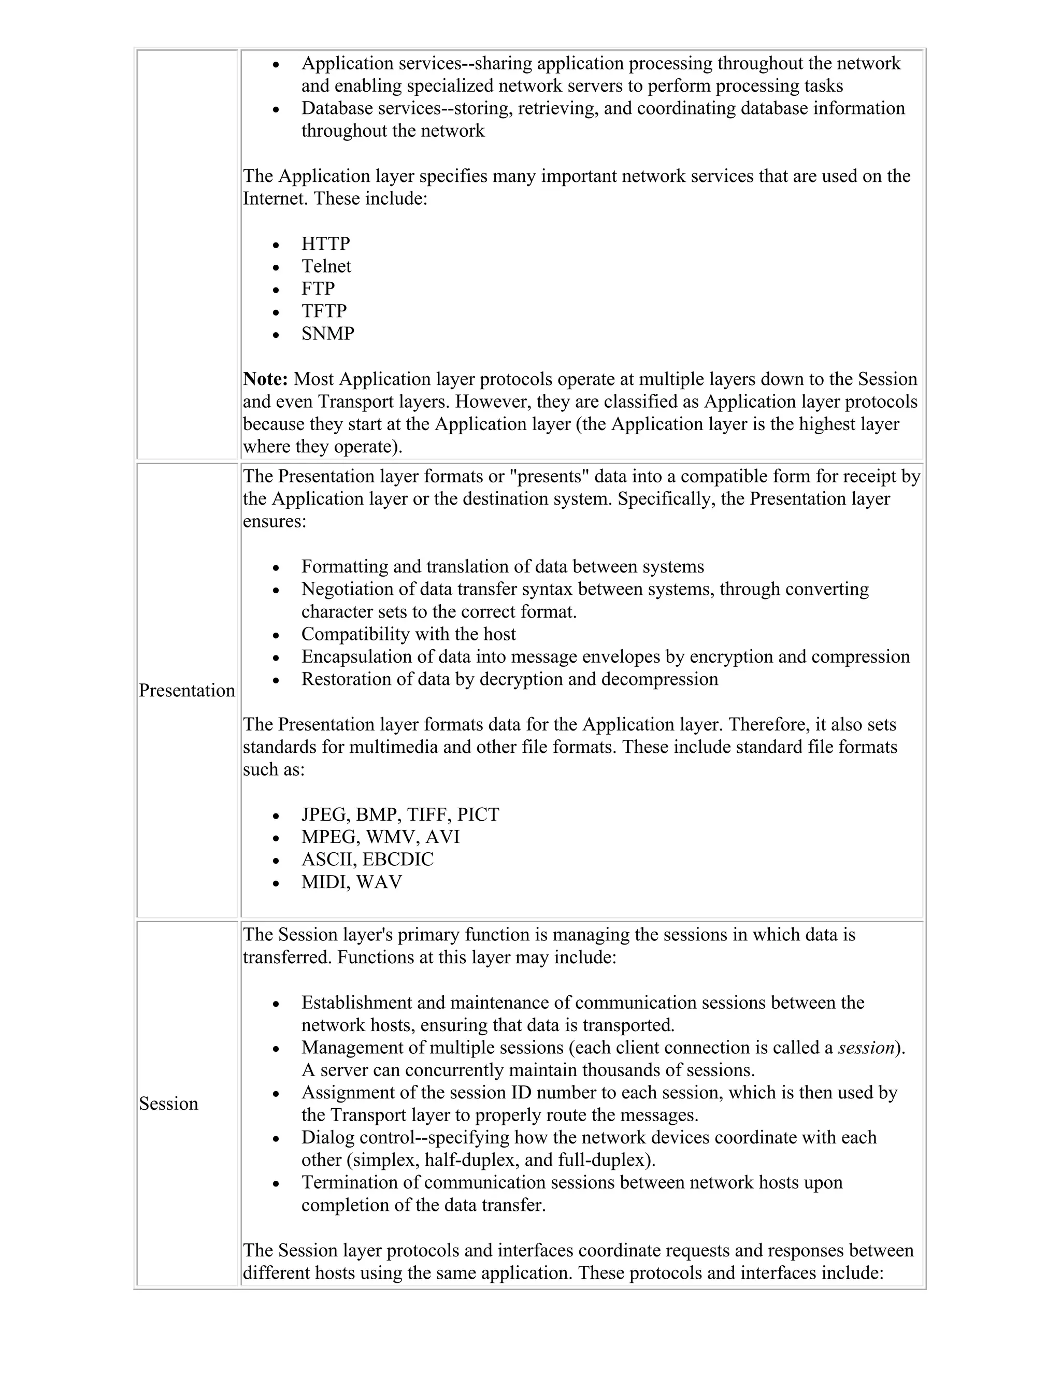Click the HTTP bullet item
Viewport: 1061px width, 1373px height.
coord(325,244)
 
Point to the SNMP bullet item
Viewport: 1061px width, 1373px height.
coord(327,333)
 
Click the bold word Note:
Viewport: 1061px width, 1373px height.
coord(265,379)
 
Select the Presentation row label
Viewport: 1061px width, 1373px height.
coord(187,690)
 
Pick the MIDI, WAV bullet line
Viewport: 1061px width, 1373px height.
coord(351,882)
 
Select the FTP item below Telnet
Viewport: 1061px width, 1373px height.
coord(318,289)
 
